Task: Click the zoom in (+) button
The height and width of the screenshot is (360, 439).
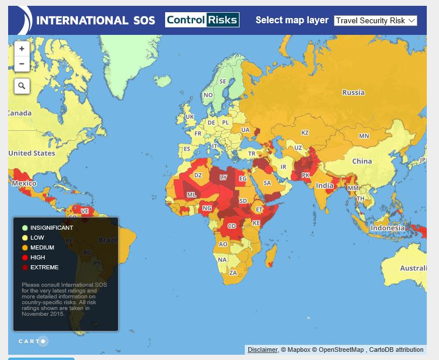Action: [x=22, y=49]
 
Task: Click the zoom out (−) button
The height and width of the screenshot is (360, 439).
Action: [x=22, y=64]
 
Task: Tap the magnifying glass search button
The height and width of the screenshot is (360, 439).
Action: [x=22, y=86]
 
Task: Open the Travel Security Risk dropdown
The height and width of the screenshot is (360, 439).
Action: [x=376, y=20]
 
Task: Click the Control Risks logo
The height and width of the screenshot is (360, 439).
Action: [x=202, y=20]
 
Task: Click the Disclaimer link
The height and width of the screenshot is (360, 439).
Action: [x=262, y=350]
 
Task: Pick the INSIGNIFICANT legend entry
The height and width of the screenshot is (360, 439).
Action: [x=51, y=228]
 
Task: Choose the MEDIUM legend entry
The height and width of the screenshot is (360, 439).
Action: [x=42, y=248]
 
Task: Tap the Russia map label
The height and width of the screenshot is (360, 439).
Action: [x=353, y=92]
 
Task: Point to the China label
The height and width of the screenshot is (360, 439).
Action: [x=362, y=161]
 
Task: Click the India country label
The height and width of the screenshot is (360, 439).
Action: [x=324, y=186]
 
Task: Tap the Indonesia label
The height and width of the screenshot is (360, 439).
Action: [x=387, y=228]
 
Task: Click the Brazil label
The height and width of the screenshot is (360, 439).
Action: [x=108, y=240]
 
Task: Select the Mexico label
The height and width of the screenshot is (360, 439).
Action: [x=24, y=183]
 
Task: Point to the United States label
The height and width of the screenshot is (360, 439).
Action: [x=31, y=154]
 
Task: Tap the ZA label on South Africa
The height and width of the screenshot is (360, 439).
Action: [x=233, y=272]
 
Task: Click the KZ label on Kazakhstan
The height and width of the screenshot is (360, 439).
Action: [x=305, y=133]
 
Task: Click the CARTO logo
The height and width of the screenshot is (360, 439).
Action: [x=33, y=341]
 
